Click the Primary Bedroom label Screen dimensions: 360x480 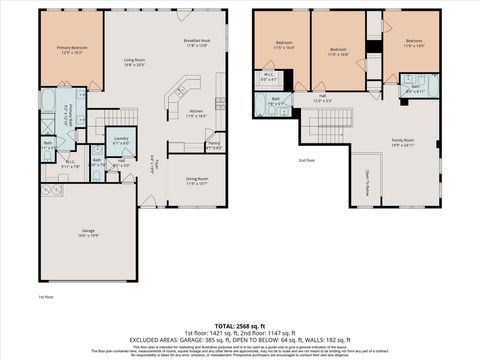pos(70,48)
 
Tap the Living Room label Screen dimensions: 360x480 pos(136,62)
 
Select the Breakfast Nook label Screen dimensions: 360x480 pos(196,42)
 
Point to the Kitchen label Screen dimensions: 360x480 pos(197,113)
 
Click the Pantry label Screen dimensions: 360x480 pos(214,146)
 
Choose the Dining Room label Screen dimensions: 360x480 pos(196,181)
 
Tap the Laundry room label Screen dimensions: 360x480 pos(120,139)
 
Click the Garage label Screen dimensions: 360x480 pos(89,232)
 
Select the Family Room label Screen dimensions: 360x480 pos(402,142)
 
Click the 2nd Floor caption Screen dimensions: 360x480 pos(305,160)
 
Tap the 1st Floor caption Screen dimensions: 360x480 pos(44,298)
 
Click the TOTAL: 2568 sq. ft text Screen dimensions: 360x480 pos(240,325)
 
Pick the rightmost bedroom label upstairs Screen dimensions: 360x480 pos(414,43)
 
